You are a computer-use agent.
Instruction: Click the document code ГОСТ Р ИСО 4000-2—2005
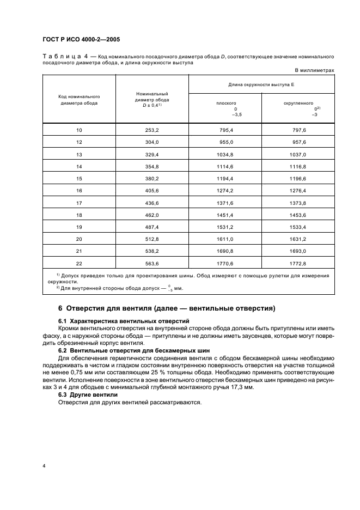[x=81, y=40]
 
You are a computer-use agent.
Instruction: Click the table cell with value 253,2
[x=152, y=131]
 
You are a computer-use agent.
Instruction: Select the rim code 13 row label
[x=79, y=154]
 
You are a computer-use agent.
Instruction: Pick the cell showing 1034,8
[x=225, y=154]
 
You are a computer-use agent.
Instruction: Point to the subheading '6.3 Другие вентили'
[x=87, y=394]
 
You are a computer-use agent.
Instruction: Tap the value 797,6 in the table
[x=298, y=131]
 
